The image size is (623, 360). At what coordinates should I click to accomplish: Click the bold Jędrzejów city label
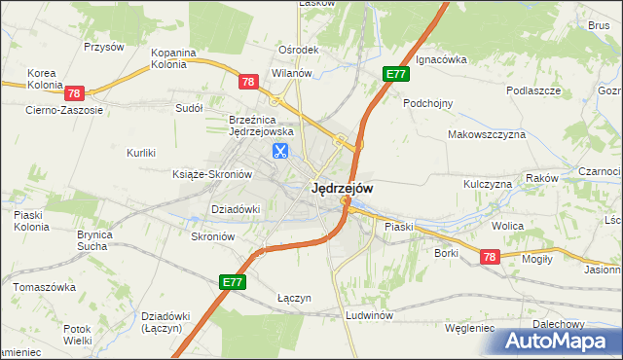(x=341, y=189)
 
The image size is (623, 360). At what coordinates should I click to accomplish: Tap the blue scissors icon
(x=280, y=151)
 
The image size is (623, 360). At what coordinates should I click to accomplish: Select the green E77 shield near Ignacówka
(x=395, y=75)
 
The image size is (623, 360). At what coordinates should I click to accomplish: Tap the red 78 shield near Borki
(x=489, y=256)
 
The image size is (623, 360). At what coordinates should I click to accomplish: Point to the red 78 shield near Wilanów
(x=248, y=83)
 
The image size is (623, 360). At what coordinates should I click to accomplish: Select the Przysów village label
(x=104, y=46)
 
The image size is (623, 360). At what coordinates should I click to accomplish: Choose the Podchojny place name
(x=428, y=101)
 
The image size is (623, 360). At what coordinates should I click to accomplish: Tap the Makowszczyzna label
(x=487, y=134)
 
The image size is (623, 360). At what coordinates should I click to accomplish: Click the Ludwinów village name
(x=369, y=316)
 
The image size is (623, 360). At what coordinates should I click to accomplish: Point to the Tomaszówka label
(x=44, y=287)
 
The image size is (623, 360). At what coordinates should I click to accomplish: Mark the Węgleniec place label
(x=469, y=328)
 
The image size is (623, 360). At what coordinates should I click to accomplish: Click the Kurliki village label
(x=142, y=152)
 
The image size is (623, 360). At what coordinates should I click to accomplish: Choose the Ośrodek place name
(x=299, y=51)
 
